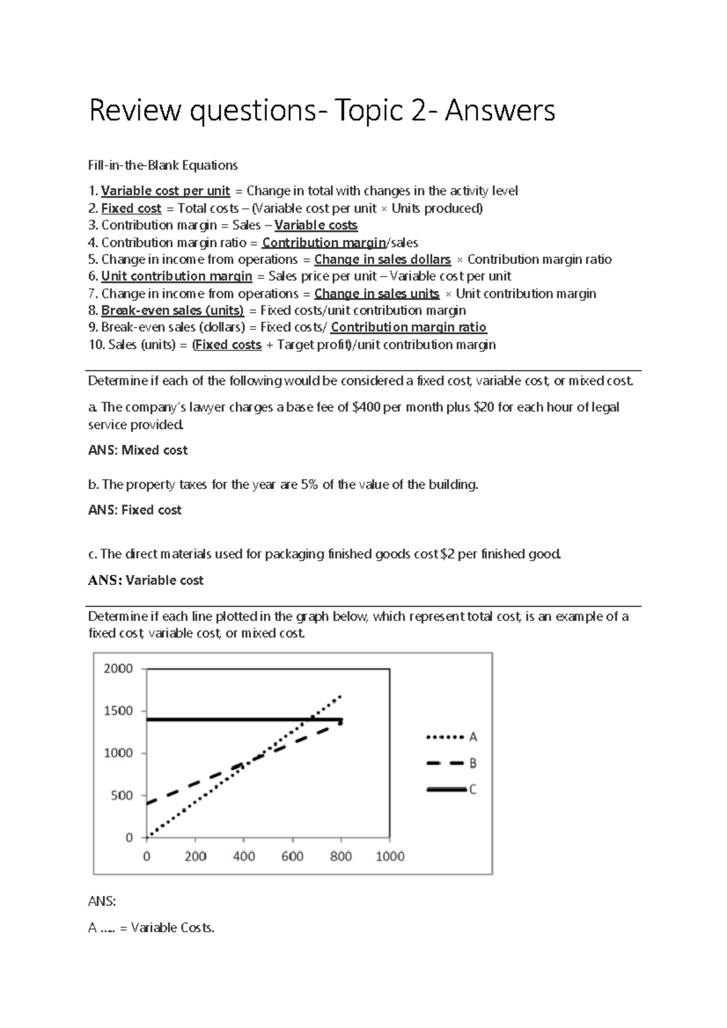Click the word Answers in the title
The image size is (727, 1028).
pyautogui.click(x=500, y=111)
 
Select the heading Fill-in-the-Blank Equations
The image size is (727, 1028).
pyautogui.click(x=163, y=165)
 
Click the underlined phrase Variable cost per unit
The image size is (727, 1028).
pyautogui.click(x=165, y=191)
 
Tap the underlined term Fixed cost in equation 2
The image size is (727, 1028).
pyautogui.click(x=131, y=208)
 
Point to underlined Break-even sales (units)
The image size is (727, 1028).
pyautogui.click(x=172, y=311)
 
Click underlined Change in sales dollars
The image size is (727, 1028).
pyautogui.click(x=382, y=260)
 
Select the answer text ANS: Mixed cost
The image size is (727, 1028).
pyautogui.click(x=138, y=450)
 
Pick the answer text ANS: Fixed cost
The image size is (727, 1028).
pyautogui.click(x=134, y=510)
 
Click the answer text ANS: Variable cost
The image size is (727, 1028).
pyautogui.click(x=145, y=581)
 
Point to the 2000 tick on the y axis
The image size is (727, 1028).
pyautogui.click(x=118, y=669)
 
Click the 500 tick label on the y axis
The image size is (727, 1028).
pyautogui.click(x=121, y=796)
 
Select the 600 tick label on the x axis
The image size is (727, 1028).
pyautogui.click(x=292, y=857)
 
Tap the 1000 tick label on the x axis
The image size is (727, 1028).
pyautogui.click(x=390, y=857)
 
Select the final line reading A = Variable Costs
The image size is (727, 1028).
pyautogui.click(x=151, y=928)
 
